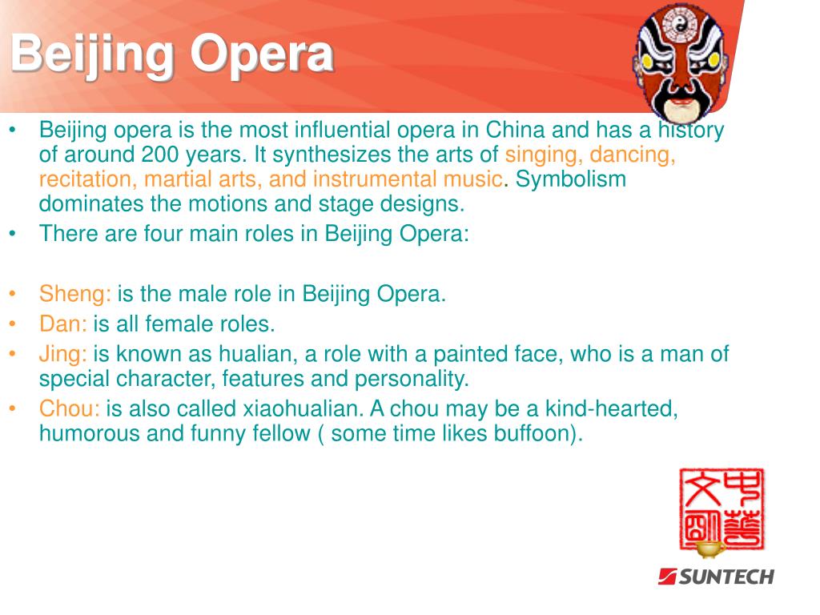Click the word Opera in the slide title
[x=262, y=54]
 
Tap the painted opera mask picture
[x=680, y=62]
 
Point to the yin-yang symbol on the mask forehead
[x=679, y=22]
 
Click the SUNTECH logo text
[x=717, y=577]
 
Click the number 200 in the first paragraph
[x=160, y=155]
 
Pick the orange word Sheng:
[x=74, y=294]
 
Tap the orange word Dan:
[x=62, y=324]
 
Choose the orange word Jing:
[x=62, y=355]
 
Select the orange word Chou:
[x=69, y=408]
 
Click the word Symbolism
[x=570, y=179]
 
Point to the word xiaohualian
[x=303, y=408]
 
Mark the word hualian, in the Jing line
[x=259, y=354]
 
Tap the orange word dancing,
[x=633, y=155]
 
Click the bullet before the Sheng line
[x=13, y=294]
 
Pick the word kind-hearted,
[x=611, y=409]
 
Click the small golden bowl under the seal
[x=710, y=549]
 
